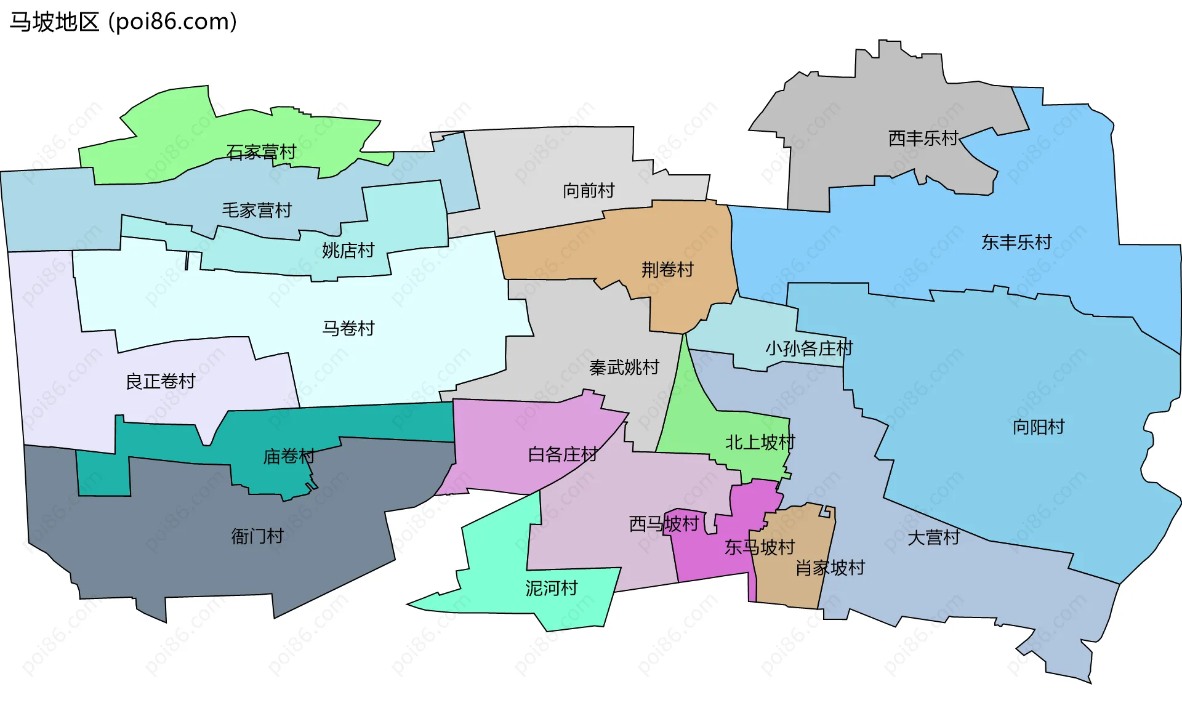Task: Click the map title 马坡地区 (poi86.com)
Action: click(123, 22)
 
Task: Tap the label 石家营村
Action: click(261, 151)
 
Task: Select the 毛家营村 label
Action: click(257, 211)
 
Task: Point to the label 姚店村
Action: click(348, 251)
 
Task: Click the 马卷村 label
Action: click(348, 328)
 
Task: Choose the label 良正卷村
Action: click(160, 382)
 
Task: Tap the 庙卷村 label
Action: click(289, 456)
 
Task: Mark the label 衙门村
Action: click(257, 536)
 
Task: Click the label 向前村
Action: click(589, 191)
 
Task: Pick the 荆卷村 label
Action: click(667, 270)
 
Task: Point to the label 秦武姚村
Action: click(624, 368)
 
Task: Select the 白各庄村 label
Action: click(563, 454)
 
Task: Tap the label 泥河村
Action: click(551, 589)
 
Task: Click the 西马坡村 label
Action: click(664, 524)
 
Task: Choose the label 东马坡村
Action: click(760, 547)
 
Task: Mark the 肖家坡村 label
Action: click(830, 568)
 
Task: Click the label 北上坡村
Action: click(760, 442)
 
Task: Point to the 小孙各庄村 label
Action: click(809, 348)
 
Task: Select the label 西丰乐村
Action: click(923, 139)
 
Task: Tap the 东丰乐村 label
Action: click(1016, 243)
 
